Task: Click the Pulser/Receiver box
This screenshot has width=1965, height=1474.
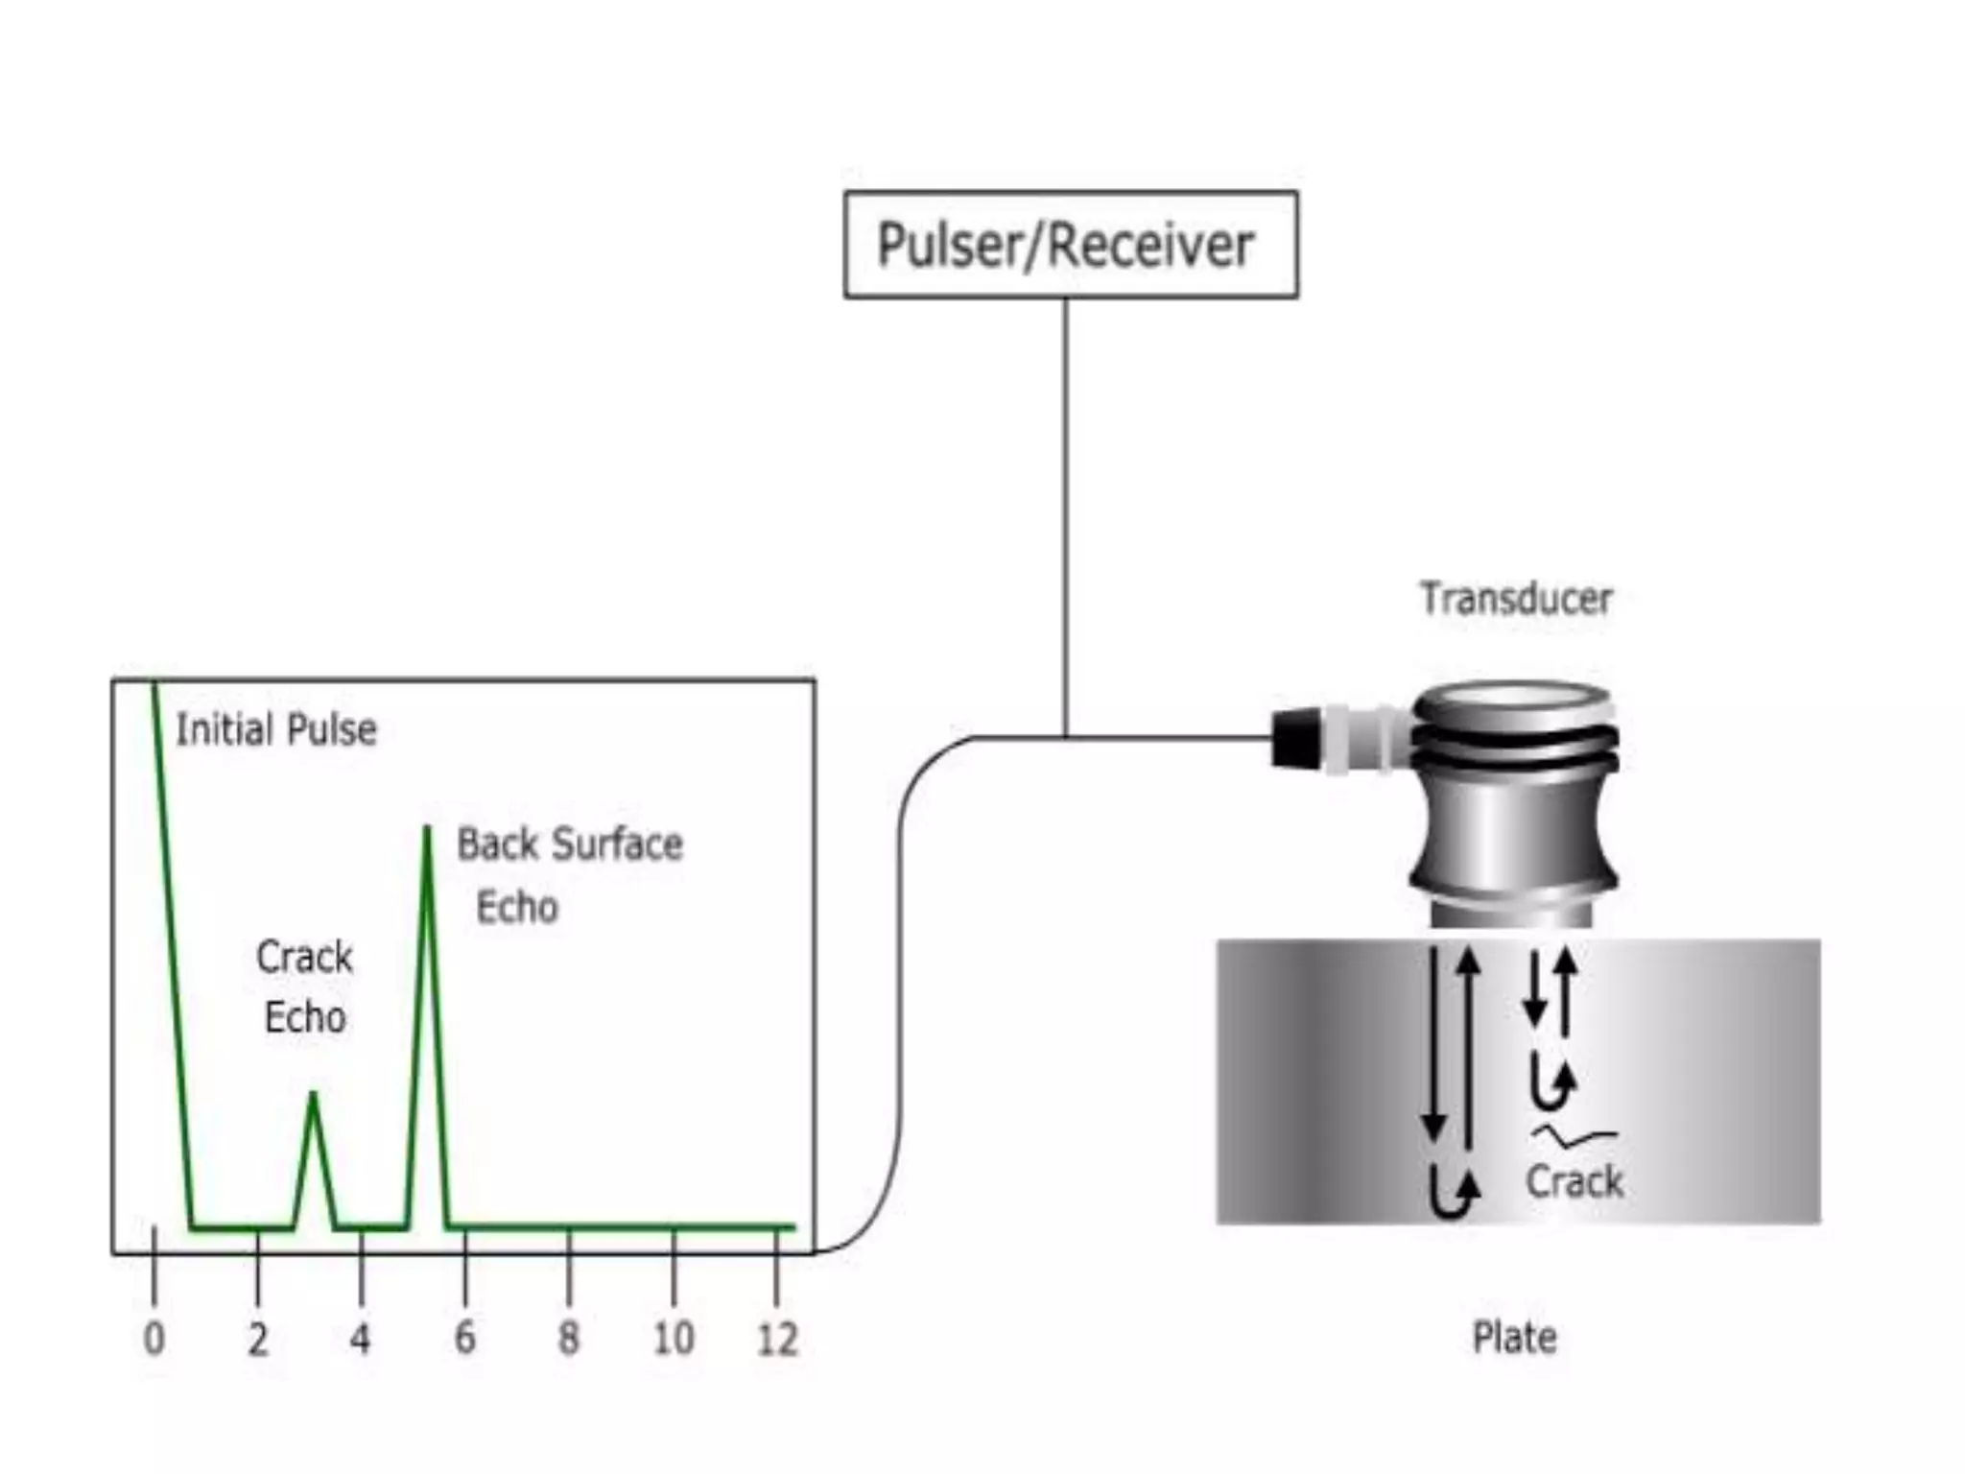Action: pos(1071,245)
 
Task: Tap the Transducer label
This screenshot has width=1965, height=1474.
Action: pos(1516,599)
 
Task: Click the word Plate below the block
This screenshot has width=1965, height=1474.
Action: pos(1514,1337)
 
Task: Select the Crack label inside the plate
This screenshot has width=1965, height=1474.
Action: pos(1574,1181)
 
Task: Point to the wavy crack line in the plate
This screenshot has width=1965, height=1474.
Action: pos(1574,1137)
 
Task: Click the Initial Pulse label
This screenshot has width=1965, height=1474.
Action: pos(276,729)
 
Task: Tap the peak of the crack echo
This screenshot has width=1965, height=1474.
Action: pos(313,1094)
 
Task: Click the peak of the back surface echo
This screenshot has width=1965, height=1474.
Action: pos(427,827)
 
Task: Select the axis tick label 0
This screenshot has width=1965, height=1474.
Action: pos(154,1338)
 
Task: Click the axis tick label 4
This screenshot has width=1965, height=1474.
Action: pos(360,1338)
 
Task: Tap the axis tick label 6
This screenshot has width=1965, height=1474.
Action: pos(464,1338)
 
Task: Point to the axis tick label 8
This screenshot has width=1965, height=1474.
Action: pos(569,1338)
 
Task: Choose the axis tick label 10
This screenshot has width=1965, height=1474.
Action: pos(674,1338)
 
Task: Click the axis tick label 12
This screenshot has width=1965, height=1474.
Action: pos(777,1338)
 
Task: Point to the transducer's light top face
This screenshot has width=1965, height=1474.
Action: pos(1514,695)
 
